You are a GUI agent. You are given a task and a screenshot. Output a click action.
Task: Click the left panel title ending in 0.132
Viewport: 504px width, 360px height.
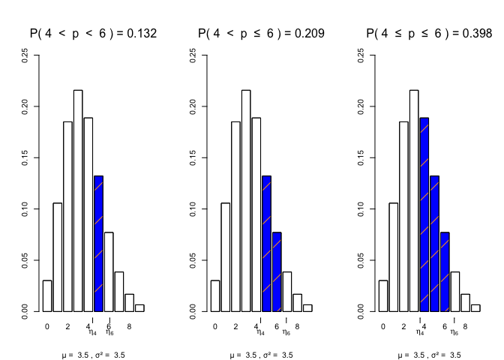pyautogui.click(x=93, y=33)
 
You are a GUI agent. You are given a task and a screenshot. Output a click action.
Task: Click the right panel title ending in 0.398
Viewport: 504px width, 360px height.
pyautogui.click(x=429, y=33)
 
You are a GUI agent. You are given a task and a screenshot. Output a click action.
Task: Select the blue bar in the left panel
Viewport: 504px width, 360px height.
pyautogui.click(x=98, y=244)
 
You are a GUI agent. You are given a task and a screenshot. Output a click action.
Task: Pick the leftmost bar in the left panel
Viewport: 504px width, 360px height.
pyautogui.click(x=47, y=295)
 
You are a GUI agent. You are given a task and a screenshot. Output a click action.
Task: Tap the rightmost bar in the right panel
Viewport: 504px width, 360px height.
pyautogui.click(x=475, y=307)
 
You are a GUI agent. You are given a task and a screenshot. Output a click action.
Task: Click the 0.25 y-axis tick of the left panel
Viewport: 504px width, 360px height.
pyautogui.click(x=26, y=58)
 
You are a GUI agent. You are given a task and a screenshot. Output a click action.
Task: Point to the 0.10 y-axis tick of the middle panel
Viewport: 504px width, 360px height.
pyautogui.click(x=194, y=208)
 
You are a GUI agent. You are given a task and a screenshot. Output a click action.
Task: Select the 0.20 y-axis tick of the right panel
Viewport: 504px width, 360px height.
pyautogui.click(x=362, y=108)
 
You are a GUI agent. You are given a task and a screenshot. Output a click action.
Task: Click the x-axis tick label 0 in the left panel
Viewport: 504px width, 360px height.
pyautogui.click(x=46, y=326)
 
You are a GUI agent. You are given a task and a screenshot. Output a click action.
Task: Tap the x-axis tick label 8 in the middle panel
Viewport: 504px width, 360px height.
pyautogui.click(x=297, y=326)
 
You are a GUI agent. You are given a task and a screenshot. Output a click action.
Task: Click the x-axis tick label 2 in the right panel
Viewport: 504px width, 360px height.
pyautogui.click(x=403, y=326)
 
